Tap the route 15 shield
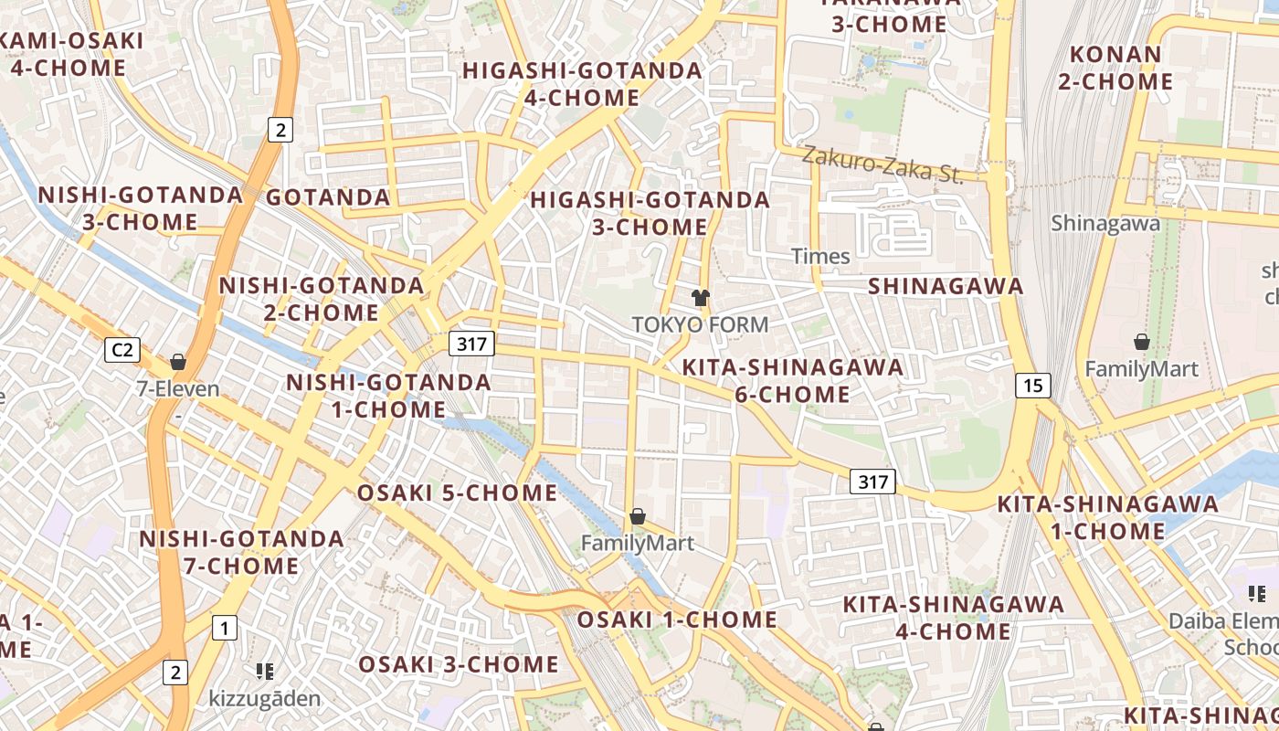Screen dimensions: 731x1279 point(1032,386)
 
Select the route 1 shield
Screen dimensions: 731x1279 point(224,628)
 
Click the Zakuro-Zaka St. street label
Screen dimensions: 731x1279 point(883,165)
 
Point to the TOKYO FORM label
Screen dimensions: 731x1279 point(701,324)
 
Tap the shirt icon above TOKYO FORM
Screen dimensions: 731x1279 point(701,297)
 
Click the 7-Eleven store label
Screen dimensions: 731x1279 point(178,388)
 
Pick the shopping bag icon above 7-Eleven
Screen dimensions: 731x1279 point(178,362)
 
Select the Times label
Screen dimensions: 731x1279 point(820,256)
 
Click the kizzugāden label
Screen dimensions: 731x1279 point(265,699)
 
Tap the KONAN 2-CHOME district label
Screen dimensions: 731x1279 point(1115,68)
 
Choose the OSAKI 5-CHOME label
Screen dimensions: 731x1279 point(457,493)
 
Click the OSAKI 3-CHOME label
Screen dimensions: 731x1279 point(458,664)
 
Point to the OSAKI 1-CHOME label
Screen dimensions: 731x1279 point(676,620)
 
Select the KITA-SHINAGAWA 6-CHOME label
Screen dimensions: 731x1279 point(793,381)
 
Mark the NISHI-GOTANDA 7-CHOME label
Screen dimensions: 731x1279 point(241,552)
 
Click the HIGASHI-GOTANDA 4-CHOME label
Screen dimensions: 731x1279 point(582,84)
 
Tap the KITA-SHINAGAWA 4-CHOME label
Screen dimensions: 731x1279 point(953,618)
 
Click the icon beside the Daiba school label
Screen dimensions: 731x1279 point(1257,594)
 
